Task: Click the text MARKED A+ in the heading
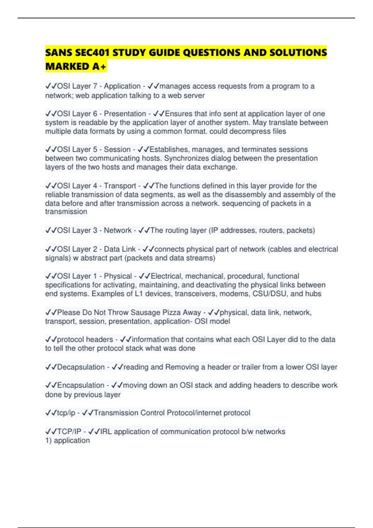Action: (x=76, y=66)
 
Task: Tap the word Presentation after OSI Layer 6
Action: (x=125, y=114)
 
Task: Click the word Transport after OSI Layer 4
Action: (x=120, y=186)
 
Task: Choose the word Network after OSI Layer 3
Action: (x=118, y=230)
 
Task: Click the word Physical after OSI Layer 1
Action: (x=118, y=276)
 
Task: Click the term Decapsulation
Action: (x=81, y=367)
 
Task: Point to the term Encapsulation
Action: (x=81, y=385)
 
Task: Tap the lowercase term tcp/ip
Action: (x=66, y=413)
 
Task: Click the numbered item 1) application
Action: (x=67, y=440)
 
